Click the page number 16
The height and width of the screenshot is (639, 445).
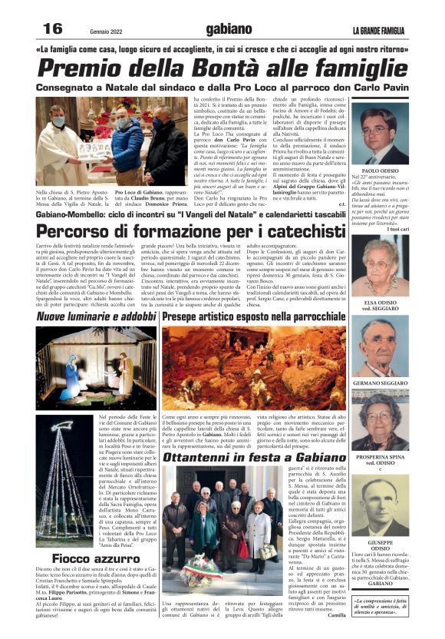51,28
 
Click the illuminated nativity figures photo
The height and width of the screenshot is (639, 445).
96,367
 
